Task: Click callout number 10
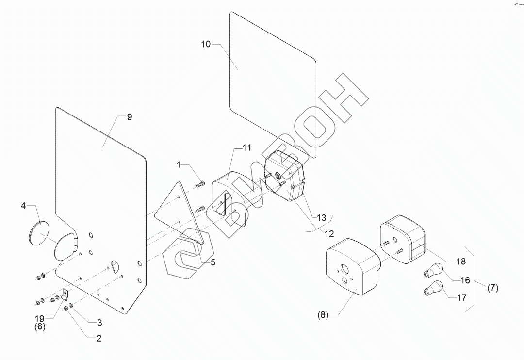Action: click(x=206, y=44)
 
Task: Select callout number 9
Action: click(x=129, y=117)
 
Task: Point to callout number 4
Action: click(x=23, y=206)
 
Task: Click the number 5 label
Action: click(x=213, y=262)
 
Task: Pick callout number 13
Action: click(x=321, y=218)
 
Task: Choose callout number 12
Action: click(x=329, y=233)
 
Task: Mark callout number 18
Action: click(x=460, y=262)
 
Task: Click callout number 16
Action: click(x=465, y=280)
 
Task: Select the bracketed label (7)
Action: click(x=492, y=288)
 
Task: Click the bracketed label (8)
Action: click(x=323, y=315)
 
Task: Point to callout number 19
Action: click(x=40, y=319)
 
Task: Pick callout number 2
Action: click(x=98, y=339)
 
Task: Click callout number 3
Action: click(x=99, y=322)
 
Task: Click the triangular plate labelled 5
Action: click(x=184, y=213)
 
